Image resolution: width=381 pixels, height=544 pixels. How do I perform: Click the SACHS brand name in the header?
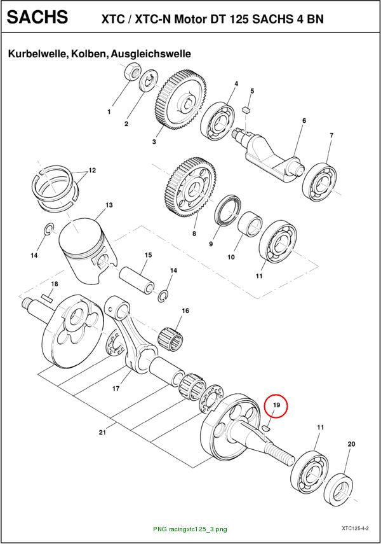click(x=37, y=17)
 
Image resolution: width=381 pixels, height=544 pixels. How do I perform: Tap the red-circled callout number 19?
click(x=276, y=405)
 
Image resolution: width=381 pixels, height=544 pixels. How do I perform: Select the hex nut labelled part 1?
click(x=131, y=71)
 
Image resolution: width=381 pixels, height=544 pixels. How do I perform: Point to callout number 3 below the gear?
click(x=154, y=141)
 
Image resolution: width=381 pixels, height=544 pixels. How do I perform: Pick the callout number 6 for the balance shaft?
click(x=304, y=120)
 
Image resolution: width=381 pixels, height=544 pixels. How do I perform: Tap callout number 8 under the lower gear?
click(x=194, y=234)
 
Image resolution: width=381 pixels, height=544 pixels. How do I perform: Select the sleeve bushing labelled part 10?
click(x=250, y=224)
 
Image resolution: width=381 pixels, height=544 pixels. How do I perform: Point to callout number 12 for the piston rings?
click(x=92, y=171)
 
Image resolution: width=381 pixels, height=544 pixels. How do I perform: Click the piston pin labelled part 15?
click(x=136, y=280)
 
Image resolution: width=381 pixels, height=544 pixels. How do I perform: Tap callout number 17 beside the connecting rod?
click(x=116, y=388)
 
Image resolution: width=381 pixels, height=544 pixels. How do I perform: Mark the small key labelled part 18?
click(x=46, y=297)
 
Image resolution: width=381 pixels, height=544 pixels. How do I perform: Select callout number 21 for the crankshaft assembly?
click(x=102, y=432)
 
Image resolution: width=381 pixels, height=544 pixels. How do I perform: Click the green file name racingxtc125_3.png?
click(x=190, y=529)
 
